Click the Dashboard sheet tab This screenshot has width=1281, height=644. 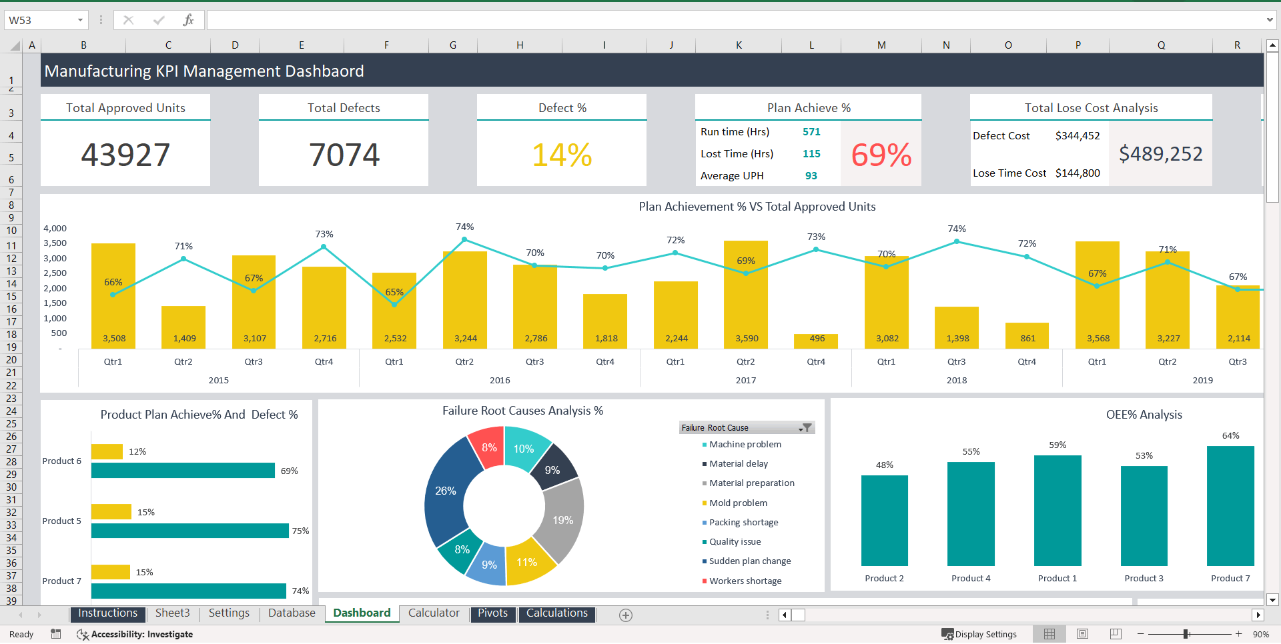coord(362,613)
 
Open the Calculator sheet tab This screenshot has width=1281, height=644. coord(434,613)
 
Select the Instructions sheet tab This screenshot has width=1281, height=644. coord(107,613)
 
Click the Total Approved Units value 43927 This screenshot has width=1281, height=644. coord(125,155)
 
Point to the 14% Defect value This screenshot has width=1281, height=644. coord(562,155)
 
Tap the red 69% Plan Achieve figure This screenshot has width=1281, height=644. coord(881,155)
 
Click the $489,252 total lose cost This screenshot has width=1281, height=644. coord(1160,154)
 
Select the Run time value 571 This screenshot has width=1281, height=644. coord(811,132)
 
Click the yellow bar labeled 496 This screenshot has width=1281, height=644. coord(816,341)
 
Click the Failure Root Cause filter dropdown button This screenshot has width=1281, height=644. coord(806,427)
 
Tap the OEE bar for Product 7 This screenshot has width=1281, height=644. coord(1230,506)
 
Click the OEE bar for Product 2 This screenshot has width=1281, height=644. coord(885,521)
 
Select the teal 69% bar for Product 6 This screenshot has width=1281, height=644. coord(183,471)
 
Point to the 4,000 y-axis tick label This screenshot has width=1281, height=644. coord(55,228)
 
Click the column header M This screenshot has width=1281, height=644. coord(881,45)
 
